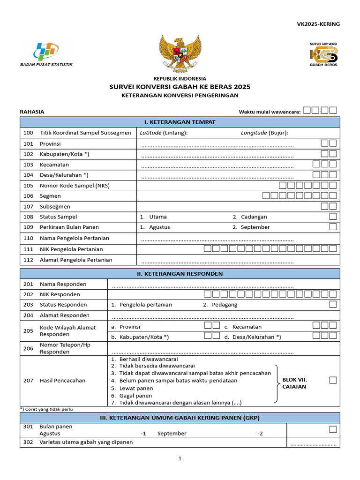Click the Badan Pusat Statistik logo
pyautogui.click(x=46, y=53)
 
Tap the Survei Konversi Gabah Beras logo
pyautogui.click(x=323, y=54)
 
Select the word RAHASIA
pyautogui.click(x=32, y=112)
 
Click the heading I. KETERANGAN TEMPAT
pyautogui.click(x=180, y=122)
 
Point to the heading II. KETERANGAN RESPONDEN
pyautogui.click(x=180, y=274)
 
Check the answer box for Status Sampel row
pyautogui.click(x=333, y=217)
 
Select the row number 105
pyautogui.click(x=29, y=186)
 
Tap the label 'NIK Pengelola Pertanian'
pyautogui.click(x=71, y=249)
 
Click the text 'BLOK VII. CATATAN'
pyautogui.click(x=294, y=383)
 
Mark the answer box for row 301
pyautogui.click(x=333, y=429)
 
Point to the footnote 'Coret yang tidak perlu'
pyautogui.click(x=46, y=409)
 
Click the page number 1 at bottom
pyautogui.click(x=180, y=459)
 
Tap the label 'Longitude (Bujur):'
pyautogui.click(x=264, y=133)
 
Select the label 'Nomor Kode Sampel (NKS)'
pyautogui.click(x=75, y=186)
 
